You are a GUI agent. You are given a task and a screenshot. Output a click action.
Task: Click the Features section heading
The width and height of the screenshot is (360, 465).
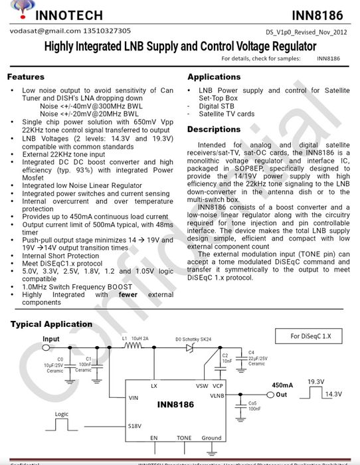coord(26,77)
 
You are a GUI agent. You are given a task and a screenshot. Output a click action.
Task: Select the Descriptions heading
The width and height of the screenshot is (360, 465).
coord(214,129)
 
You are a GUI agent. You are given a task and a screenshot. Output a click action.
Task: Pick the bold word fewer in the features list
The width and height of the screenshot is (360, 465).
coord(128,294)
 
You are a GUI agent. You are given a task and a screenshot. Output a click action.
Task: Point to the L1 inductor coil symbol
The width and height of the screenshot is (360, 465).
coord(135,346)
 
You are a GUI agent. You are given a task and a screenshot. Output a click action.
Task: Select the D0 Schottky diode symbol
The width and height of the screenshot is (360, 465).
coord(189,346)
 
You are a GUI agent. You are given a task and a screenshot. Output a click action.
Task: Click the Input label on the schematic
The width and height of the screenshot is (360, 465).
coord(51,339)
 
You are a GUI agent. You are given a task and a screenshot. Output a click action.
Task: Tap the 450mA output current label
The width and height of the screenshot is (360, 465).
coord(282,385)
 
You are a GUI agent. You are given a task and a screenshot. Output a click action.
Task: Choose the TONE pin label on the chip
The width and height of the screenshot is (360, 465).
coord(184,438)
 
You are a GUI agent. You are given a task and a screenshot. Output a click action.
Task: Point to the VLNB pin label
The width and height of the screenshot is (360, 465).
coord(217,395)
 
